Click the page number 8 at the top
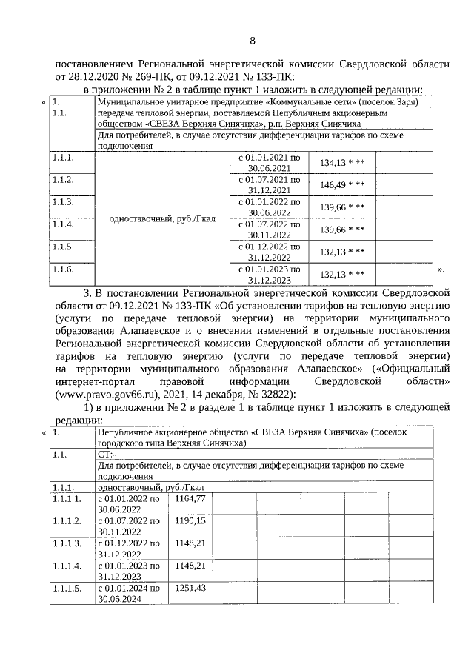[x=253, y=40]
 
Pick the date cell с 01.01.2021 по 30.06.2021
[x=268, y=163]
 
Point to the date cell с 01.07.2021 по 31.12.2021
[x=268, y=185]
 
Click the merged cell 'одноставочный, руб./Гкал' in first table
[x=162, y=218]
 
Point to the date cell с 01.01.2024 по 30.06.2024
[x=129, y=593]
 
